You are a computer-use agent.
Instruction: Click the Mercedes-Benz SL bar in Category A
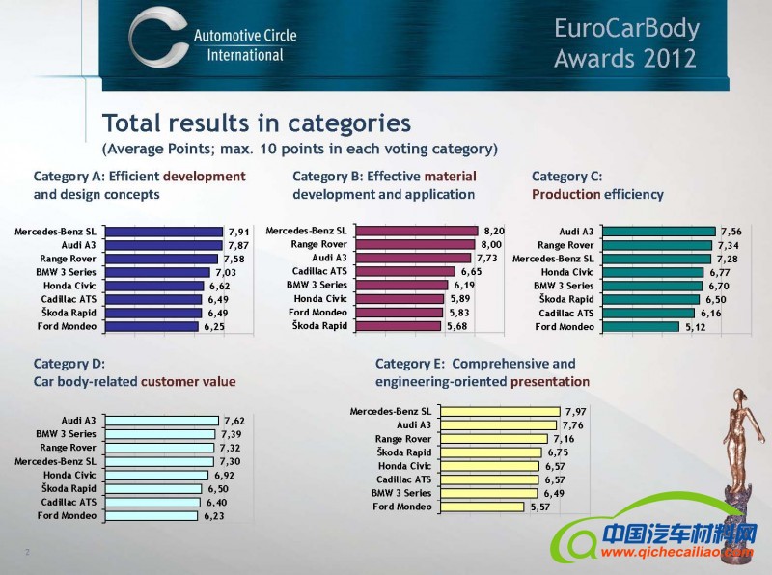point(163,232)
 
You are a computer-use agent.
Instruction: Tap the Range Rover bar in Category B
point(416,245)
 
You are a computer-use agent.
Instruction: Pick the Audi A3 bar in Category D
point(161,421)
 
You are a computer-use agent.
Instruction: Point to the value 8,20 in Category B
point(493,232)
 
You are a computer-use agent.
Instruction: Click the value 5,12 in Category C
point(695,327)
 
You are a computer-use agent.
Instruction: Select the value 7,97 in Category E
point(576,412)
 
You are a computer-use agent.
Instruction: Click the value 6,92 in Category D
point(225,476)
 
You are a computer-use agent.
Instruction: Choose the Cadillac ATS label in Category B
point(319,272)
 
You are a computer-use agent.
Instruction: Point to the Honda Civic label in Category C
point(567,272)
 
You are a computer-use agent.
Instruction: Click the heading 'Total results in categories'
point(257,123)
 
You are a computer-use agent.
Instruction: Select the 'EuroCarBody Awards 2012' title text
point(625,43)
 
